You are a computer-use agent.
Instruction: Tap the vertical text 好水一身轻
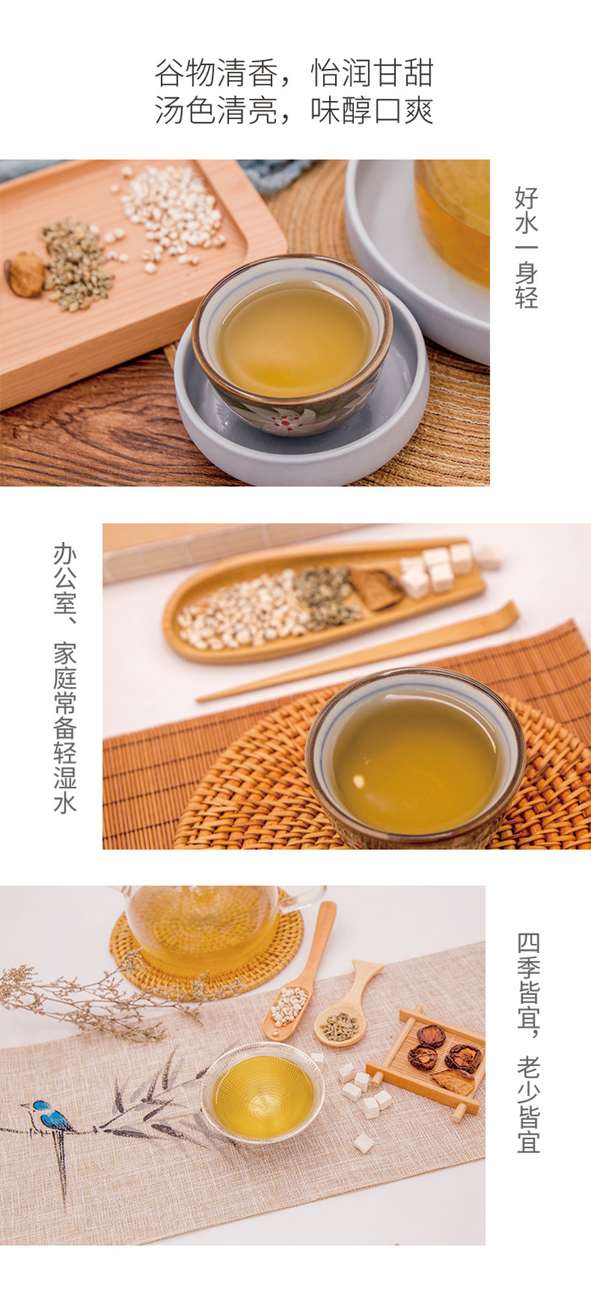tap(526, 247)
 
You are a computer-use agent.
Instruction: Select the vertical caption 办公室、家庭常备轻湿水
tap(66, 678)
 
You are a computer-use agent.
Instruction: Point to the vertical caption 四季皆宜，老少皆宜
tap(528, 1043)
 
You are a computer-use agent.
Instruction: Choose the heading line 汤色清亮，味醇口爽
tap(294, 109)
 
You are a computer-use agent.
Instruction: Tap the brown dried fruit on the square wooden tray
tap(24, 275)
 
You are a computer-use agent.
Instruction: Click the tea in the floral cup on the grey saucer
tap(295, 338)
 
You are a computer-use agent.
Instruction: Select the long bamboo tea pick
tap(358, 652)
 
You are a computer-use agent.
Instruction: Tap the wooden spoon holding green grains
tap(347, 1006)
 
